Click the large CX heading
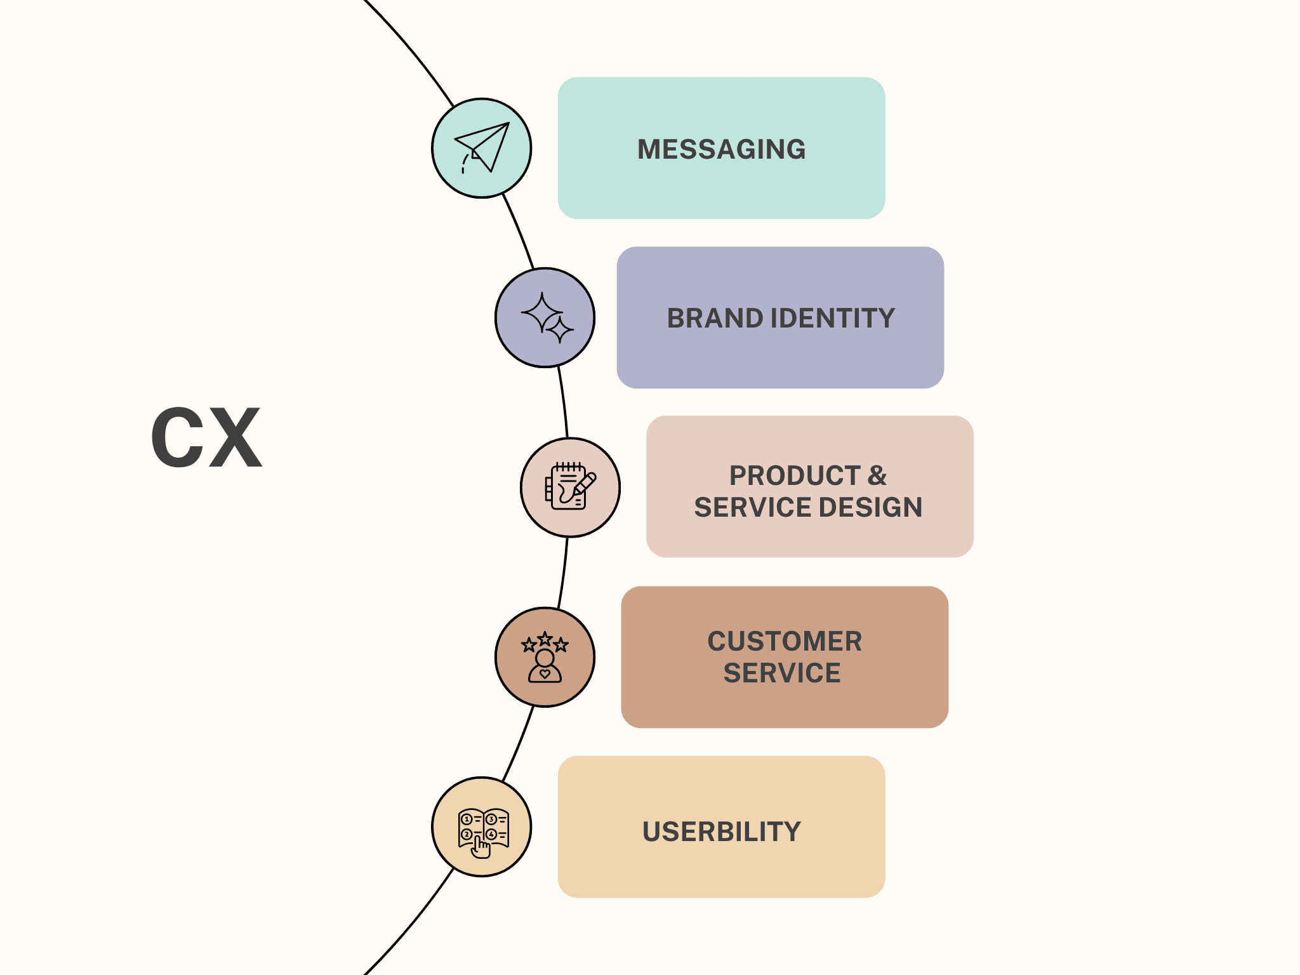click(x=206, y=437)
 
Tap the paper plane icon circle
click(x=482, y=148)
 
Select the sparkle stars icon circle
click(x=545, y=317)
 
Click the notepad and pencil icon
click(x=570, y=486)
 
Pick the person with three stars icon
click(x=545, y=657)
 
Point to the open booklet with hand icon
click(x=483, y=832)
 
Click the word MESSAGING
click(x=721, y=149)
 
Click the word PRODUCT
click(x=794, y=475)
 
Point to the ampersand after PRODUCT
click(x=877, y=475)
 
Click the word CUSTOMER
click(x=785, y=641)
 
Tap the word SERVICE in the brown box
click(x=782, y=673)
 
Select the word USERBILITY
click(x=722, y=832)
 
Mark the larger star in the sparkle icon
click(x=541, y=312)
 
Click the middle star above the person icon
click(x=545, y=639)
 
